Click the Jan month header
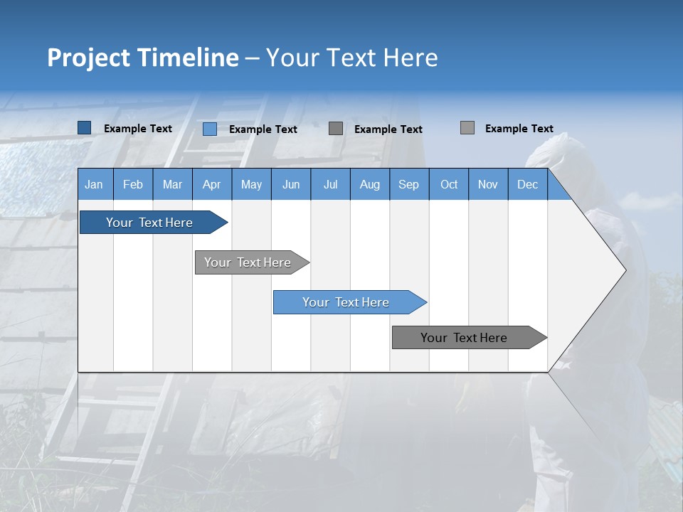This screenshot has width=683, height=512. click(94, 184)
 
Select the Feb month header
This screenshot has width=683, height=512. click(133, 184)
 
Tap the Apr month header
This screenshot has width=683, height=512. click(211, 184)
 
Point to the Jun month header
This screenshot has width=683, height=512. click(291, 184)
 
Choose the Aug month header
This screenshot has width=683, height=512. click(369, 184)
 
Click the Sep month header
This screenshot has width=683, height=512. click(408, 184)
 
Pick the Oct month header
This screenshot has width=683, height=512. click(449, 184)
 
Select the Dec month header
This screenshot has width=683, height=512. click(527, 184)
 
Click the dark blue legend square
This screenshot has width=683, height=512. click(85, 128)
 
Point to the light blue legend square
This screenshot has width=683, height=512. click(210, 129)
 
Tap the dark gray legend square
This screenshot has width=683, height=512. click(336, 129)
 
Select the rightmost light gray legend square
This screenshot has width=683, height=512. click(467, 128)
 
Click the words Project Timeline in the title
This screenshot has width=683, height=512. click(143, 58)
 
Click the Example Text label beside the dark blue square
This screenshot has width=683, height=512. click(138, 129)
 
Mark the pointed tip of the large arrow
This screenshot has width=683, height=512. click(624, 270)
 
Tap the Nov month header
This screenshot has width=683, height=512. click(488, 184)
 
